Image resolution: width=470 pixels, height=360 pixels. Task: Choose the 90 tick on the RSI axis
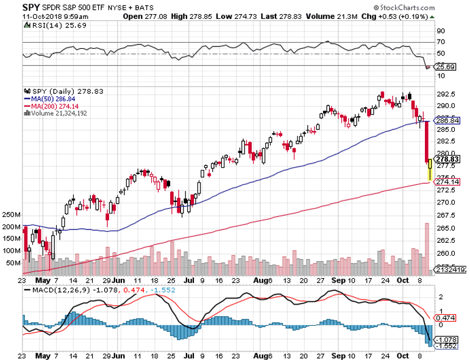pyautogui.click(x=441, y=31)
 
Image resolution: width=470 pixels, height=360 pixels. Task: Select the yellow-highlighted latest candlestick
pyautogui.click(x=430, y=169)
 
